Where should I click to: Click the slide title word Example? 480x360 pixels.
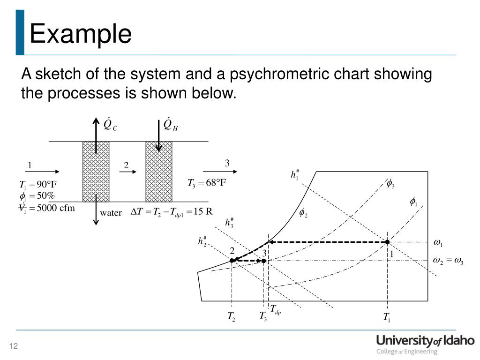coord(80,34)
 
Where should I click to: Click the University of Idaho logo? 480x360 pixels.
coord(425,345)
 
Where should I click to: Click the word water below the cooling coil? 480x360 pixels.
coord(111,213)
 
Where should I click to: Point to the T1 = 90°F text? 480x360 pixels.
coord(37,184)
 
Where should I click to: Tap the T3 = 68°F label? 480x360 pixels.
coord(207,183)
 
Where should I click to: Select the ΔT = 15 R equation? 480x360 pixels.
coord(172,211)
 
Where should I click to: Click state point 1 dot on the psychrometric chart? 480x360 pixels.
coord(387,242)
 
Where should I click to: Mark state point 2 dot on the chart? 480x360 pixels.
coord(232,260)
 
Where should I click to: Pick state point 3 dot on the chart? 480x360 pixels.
coord(264,261)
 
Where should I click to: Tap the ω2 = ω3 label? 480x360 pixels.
coord(448,261)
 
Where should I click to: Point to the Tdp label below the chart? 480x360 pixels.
coord(276,310)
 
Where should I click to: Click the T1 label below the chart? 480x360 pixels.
coord(387,317)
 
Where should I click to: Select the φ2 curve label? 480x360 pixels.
coord(303,213)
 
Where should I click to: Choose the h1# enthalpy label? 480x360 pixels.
coord(295,175)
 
